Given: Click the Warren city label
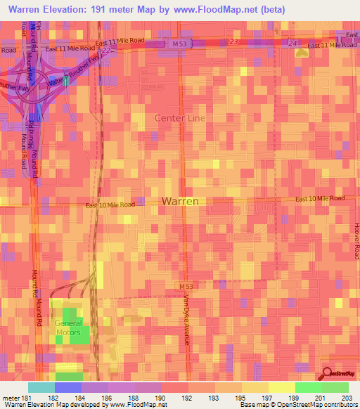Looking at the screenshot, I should [x=180, y=201].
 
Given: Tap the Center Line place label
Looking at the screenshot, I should [x=180, y=118].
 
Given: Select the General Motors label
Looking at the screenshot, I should [x=69, y=327].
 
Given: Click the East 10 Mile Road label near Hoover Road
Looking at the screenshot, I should [x=320, y=199].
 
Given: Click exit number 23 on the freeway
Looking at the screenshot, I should [x=233, y=42].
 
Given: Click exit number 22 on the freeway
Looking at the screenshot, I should [x=105, y=51].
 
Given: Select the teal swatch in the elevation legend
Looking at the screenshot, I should [x=41, y=387].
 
